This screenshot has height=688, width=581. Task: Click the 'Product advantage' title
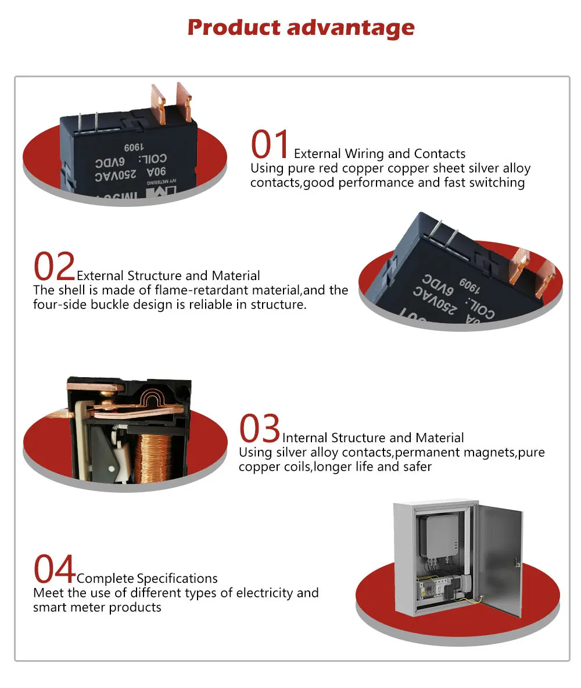301,27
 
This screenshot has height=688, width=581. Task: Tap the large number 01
270,145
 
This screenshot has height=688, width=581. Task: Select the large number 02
54,267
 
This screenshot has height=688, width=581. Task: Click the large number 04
54,569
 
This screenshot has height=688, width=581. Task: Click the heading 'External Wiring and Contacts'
379,154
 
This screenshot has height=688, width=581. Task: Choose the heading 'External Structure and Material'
168,275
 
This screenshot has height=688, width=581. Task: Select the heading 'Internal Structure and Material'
373,438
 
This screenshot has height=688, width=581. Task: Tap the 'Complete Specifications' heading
147,579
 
